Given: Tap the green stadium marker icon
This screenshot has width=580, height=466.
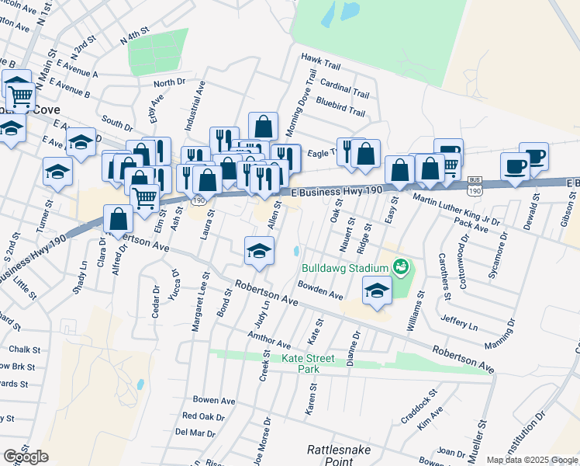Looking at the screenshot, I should click(401, 268).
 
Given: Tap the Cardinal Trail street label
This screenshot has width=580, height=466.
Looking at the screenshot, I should click(344, 92).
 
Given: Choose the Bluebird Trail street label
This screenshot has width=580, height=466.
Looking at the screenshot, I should click(340, 112).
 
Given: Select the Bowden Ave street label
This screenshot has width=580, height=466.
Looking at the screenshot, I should click(320, 290).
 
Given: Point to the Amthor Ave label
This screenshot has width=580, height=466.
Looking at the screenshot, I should click(268, 340).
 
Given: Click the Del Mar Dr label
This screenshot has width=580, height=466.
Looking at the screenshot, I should click(195, 433).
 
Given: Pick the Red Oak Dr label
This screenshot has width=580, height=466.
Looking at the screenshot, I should click(203, 416).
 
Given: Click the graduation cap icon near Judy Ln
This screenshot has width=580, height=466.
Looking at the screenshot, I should click(260, 250).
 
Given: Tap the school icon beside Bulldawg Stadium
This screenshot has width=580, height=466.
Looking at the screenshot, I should click(377, 290).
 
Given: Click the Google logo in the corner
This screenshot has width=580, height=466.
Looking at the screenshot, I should click(26, 457).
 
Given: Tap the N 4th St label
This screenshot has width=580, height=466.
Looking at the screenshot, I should click(133, 36).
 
